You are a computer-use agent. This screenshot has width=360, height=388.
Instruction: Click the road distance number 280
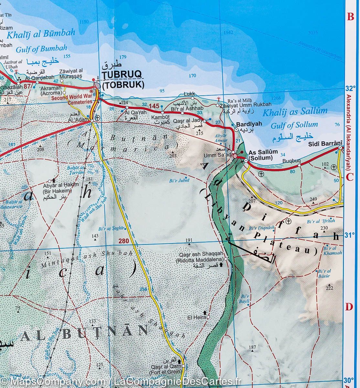(123, 241)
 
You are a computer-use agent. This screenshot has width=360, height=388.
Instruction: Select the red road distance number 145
(154, 106)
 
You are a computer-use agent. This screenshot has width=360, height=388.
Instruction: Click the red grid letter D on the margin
(349, 307)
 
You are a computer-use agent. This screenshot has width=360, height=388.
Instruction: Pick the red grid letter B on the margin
(350, 17)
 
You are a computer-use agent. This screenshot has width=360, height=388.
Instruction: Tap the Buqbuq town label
(289, 160)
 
